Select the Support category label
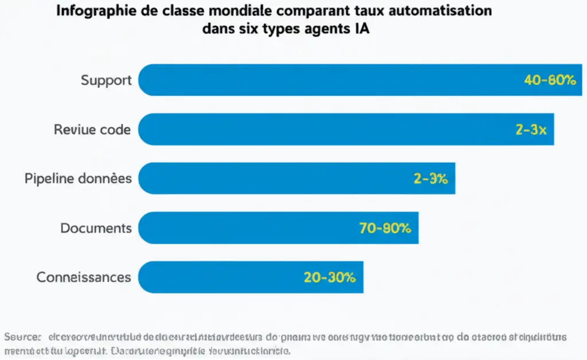[106, 80]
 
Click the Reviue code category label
[92, 130]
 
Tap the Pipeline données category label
[78, 178]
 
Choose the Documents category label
[96, 228]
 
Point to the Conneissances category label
[84, 277]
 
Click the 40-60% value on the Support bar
[549, 80]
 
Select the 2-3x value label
[531, 130]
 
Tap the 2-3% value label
[430, 179]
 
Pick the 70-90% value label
[385, 228]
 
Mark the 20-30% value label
[330, 277]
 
